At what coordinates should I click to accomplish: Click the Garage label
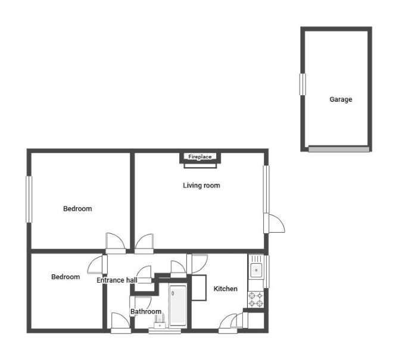point(341,99)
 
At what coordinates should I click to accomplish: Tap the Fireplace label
point(199,156)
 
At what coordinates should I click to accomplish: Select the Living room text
point(201,185)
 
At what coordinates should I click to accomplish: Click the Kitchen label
point(226,289)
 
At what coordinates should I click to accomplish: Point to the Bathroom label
point(146,311)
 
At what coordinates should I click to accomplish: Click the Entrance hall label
point(117,280)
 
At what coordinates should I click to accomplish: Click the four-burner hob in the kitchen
point(255,299)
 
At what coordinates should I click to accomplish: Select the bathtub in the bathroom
point(177,305)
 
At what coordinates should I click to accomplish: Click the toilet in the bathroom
point(160,322)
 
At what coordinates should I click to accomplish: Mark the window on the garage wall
point(303,84)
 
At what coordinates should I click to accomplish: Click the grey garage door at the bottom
point(339,149)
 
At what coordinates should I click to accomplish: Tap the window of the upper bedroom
point(29,199)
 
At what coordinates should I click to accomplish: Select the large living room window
point(266,189)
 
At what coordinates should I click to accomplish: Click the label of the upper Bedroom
point(77,209)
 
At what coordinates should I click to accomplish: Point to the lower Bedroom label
point(66,277)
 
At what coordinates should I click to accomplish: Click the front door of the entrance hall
point(121,323)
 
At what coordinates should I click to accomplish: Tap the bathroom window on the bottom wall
point(164,331)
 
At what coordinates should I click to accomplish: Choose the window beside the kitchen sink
point(266,271)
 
